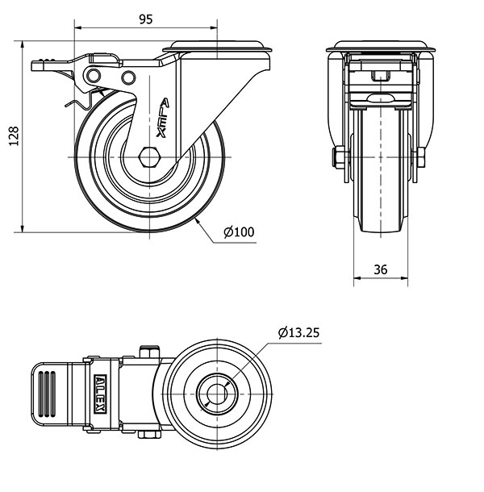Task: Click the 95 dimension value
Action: [x=146, y=19]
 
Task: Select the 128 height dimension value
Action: [x=15, y=136]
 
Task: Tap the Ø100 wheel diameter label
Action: [x=239, y=231]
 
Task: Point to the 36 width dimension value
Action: [x=381, y=269]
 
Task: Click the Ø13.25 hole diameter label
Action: [x=298, y=332]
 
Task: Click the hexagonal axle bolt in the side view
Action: [x=150, y=156]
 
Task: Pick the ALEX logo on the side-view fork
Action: [x=163, y=118]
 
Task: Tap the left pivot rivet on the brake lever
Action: [x=94, y=76]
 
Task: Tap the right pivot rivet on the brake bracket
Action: [x=128, y=77]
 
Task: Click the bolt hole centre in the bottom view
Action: [x=217, y=394]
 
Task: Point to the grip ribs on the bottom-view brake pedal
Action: [x=47, y=394]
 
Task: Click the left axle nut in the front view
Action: [x=339, y=157]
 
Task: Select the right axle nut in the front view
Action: [x=421, y=157]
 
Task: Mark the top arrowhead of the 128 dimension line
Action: [x=23, y=44]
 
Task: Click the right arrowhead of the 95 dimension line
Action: [x=214, y=27]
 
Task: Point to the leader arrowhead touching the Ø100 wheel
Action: [x=198, y=221]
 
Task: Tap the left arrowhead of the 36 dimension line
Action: [x=357, y=277]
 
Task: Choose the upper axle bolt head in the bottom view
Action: [x=150, y=352]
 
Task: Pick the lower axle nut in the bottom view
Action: [x=149, y=434]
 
